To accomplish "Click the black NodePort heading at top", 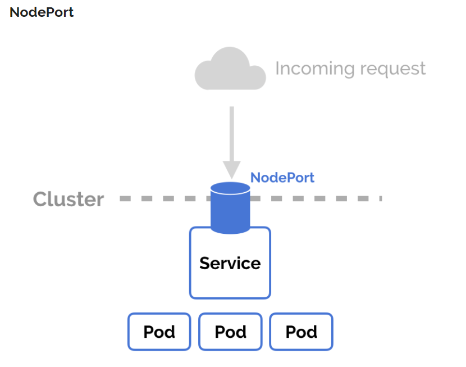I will tap(42, 12).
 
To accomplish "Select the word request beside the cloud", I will tap(392, 69).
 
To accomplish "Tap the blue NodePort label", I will tap(282, 178).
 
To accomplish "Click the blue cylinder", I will tap(230, 211).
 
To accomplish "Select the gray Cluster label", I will tap(68, 199).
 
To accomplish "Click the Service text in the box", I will tap(230, 263).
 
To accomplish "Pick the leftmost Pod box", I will tap(159, 332).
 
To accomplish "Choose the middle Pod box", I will tap(230, 332).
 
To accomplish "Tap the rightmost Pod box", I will tap(301, 332).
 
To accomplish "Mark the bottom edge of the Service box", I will tap(230, 297).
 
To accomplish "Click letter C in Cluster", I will tap(40, 200).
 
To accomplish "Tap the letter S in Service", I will tap(204, 263).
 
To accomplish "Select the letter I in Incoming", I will tap(277, 69).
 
